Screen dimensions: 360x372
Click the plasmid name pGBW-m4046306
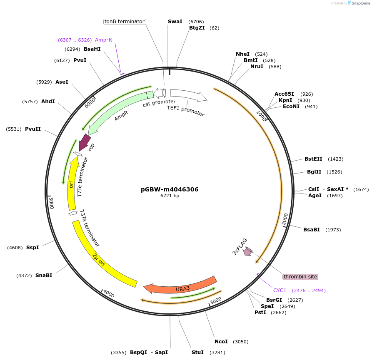(x=170, y=189)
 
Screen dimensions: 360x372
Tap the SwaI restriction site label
(x=175, y=22)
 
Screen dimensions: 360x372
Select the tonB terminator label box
(x=125, y=21)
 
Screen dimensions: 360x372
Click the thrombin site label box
(x=300, y=276)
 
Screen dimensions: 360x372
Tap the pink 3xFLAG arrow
(x=248, y=251)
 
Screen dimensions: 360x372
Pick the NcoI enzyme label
(x=221, y=342)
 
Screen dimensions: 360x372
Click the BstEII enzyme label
(x=313, y=159)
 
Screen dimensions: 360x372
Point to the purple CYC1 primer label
(x=280, y=290)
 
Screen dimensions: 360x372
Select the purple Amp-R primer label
(x=103, y=40)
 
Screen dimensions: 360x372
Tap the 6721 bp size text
(x=170, y=196)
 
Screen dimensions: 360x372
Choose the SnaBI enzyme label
(x=44, y=276)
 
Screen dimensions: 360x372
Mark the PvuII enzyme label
(x=33, y=129)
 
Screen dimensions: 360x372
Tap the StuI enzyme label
(x=197, y=353)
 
